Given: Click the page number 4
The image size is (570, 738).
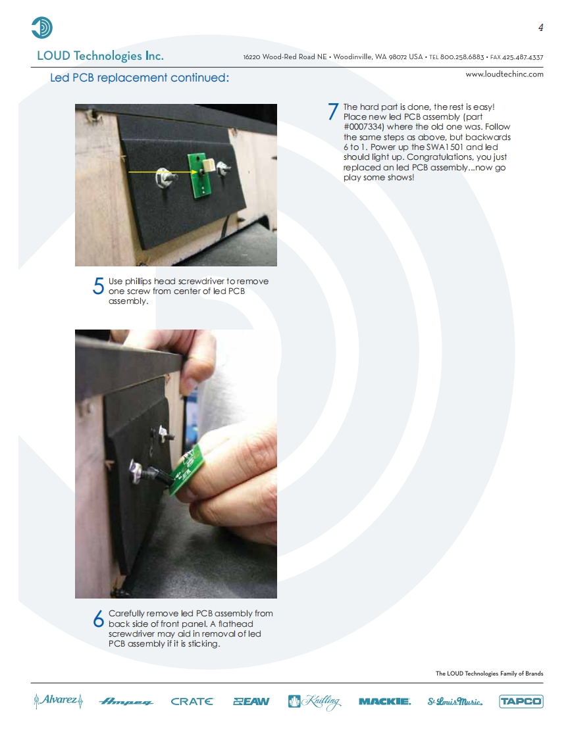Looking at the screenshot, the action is pos(541,28).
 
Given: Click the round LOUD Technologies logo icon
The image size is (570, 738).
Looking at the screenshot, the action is pos(42,28).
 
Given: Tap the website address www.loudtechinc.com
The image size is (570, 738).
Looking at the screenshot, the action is pos(504,74).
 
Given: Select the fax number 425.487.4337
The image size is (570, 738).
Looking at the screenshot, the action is pos(523,57).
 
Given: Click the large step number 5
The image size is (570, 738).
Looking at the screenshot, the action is pos(98,285).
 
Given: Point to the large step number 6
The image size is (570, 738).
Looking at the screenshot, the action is pos(98,618).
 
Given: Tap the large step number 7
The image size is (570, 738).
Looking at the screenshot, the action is pos(333,112).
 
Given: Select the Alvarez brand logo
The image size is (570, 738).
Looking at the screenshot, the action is pos(59,701).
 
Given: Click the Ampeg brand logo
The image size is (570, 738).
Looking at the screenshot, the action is pos(126,702).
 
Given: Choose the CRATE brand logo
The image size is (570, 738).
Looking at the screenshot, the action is pos(192,701).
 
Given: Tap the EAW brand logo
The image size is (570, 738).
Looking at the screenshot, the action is pos(251,701).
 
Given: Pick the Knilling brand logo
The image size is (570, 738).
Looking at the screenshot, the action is pos(314,702).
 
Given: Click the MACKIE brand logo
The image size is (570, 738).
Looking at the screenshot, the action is pos(384,701).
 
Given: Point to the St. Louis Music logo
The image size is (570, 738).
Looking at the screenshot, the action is pos(455,701).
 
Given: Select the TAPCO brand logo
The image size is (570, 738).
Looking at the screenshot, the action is pos(521,701).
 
